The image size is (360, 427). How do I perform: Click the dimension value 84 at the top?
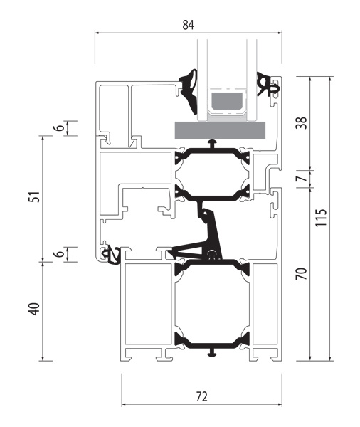coord(188,25)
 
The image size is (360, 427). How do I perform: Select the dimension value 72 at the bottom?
coord(202,397)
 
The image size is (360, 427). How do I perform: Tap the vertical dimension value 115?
coord(321,218)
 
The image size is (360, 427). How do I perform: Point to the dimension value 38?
coord(302,123)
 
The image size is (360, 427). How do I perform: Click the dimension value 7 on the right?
coord(302,179)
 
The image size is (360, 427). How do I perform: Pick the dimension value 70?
coord(302,274)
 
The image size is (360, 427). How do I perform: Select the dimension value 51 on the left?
coord(35,196)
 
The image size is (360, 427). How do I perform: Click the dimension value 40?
coord(35,309)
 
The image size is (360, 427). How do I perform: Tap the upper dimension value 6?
coord(59,127)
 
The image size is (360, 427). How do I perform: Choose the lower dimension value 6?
coord(59,254)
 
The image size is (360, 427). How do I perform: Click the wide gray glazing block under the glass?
coord(220,130)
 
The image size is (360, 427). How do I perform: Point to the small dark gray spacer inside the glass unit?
coord(227,100)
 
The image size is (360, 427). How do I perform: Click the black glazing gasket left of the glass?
coord(189,91)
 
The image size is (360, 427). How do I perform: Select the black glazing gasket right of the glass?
coord(267,85)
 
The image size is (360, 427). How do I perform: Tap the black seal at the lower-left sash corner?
coord(111,255)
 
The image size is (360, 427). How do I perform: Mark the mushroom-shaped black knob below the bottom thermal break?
coord(213,353)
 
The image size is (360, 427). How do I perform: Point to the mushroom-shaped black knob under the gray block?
coord(213,143)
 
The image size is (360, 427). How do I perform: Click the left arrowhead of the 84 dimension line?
coord(97,33)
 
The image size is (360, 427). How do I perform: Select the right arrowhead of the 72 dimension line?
coord(280,404)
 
